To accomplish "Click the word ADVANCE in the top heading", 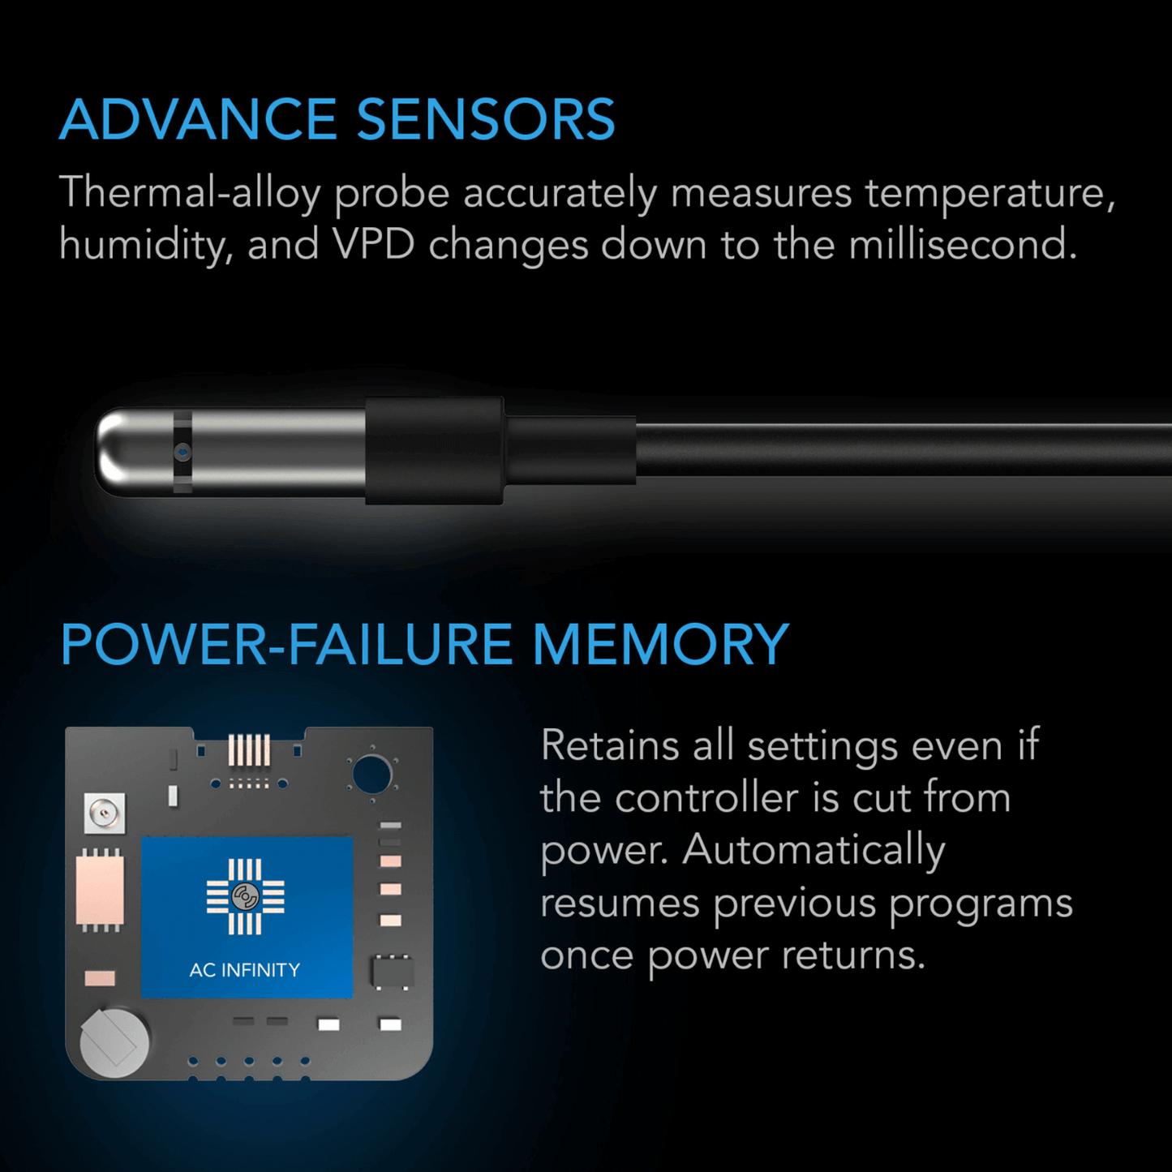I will [198, 120].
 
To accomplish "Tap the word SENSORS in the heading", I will [486, 120].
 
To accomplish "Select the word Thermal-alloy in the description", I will [190, 194].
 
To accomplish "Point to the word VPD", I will [374, 245].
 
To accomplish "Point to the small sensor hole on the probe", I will [183, 453].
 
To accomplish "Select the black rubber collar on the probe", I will [434, 451].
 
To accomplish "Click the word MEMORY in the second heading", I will [660, 646].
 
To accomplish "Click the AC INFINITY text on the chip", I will [245, 970].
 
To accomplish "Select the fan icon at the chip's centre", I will [245, 897].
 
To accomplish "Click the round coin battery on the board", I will [114, 1042].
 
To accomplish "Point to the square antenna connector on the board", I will [105, 813].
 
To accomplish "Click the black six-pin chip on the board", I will [392, 972].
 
